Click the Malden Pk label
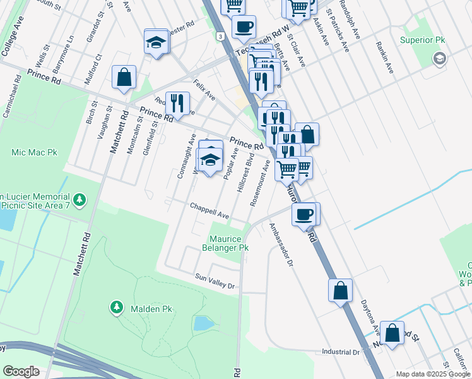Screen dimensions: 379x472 point(151,309)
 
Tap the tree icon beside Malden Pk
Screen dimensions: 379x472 point(117,308)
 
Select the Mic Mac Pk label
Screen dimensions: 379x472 point(34,152)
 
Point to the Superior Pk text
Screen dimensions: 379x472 point(423,40)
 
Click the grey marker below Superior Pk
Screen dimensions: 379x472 point(439,59)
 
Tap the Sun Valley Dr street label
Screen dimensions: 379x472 point(215,281)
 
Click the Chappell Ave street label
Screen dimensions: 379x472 point(210,210)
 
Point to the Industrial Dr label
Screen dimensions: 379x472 point(340,352)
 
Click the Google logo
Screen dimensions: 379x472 point(21,371)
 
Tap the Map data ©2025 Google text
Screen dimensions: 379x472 point(433,374)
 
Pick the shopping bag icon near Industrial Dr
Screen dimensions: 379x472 point(392,332)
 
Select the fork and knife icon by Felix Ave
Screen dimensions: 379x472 point(177,103)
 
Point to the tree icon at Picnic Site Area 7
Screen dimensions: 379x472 point(80,200)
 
